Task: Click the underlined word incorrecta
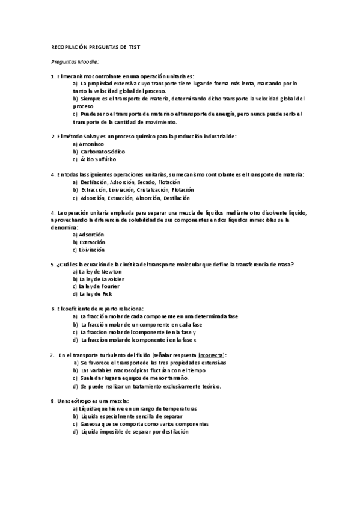point(211,355)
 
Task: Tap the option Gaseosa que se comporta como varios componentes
point(144,424)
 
